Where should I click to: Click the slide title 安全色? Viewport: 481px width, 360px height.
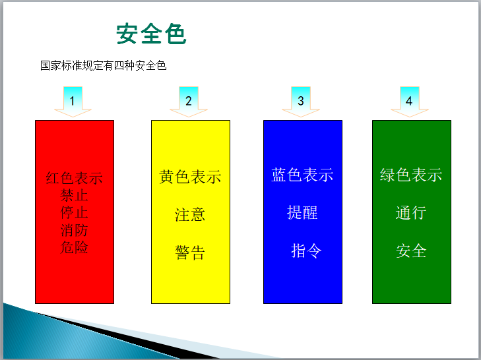(x=151, y=34)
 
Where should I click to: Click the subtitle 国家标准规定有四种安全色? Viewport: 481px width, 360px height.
(x=103, y=65)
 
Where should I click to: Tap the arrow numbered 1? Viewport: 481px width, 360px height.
(x=73, y=102)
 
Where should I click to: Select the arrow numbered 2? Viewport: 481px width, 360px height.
(x=188, y=102)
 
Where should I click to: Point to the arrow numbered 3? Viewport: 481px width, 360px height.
(x=301, y=102)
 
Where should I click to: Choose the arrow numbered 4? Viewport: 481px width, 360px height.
(x=409, y=102)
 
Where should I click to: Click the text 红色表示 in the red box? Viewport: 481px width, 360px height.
(x=75, y=178)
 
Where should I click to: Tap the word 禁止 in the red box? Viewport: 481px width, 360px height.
(x=75, y=196)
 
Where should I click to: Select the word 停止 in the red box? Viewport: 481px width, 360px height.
(x=75, y=213)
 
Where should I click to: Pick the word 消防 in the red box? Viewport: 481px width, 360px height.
(x=75, y=231)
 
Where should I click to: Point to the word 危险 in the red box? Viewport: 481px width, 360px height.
(x=75, y=248)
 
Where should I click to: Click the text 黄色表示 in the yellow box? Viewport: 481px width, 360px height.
(x=190, y=177)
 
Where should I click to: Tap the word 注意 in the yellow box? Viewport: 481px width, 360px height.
(x=190, y=215)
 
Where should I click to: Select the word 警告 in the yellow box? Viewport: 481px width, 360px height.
(x=190, y=253)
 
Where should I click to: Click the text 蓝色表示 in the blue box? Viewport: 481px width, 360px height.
(x=302, y=175)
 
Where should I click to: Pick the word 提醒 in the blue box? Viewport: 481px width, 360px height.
(x=302, y=212)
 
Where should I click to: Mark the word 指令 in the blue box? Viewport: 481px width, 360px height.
(x=306, y=251)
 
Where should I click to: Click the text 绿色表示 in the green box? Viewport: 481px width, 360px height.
(x=411, y=175)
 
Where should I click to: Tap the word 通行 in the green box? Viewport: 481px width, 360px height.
(x=411, y=213)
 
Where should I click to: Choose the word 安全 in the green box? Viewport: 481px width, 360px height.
(x=411, y=251)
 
